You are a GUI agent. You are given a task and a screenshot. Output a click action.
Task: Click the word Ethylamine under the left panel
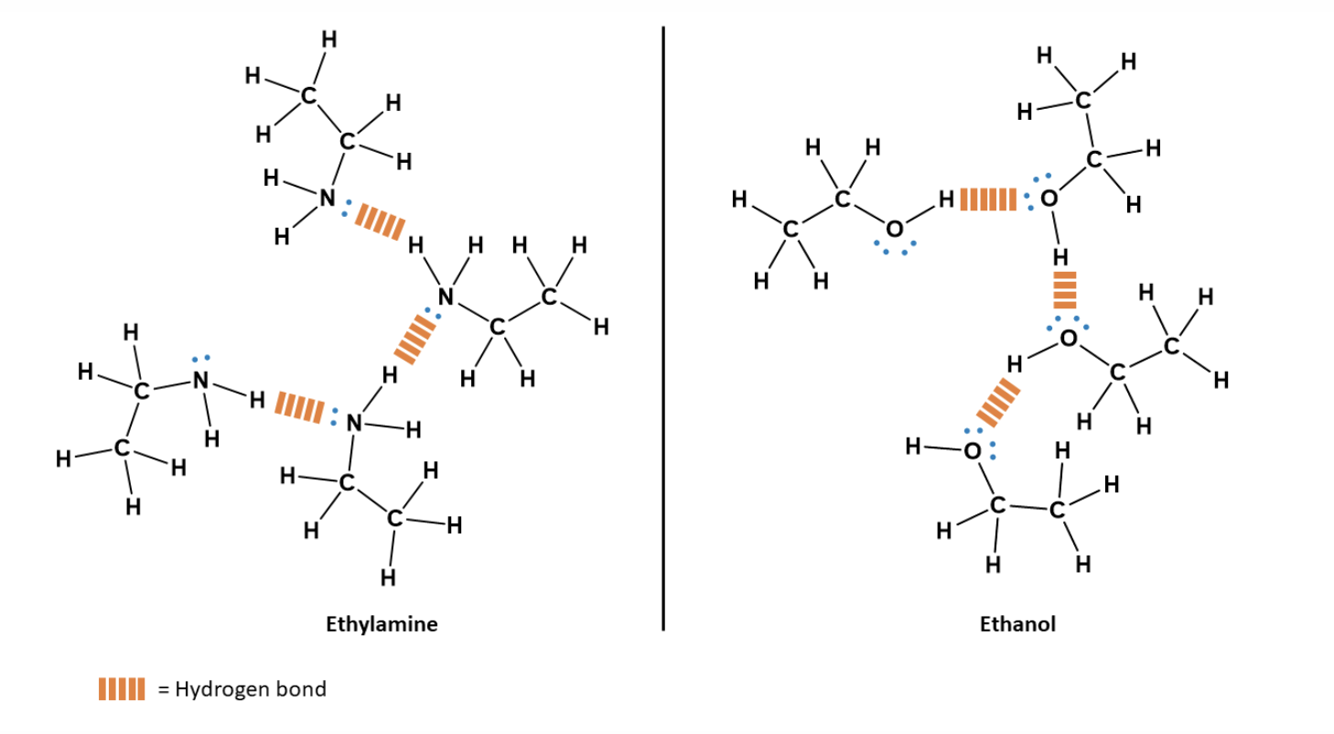[382, 625]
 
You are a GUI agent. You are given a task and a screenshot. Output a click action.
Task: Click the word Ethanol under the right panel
[1017, 625]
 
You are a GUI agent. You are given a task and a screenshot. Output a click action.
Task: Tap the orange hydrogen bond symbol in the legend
[121, 689]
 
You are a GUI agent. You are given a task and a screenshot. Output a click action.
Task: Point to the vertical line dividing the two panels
[662, 329]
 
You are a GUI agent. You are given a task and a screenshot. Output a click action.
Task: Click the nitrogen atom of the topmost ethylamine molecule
[325, 198]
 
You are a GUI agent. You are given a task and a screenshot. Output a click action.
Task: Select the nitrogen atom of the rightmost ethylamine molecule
[446, 296]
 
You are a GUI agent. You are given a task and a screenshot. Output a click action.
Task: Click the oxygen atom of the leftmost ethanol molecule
[893, 227]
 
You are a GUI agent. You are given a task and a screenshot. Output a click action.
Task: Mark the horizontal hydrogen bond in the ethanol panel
[988, 199]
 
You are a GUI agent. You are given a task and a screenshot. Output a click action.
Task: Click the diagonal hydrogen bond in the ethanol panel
[996, 401]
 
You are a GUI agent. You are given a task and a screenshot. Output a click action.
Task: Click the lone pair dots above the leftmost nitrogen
[200, 357]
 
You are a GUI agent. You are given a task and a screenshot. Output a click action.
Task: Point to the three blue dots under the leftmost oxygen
[893, 249]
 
